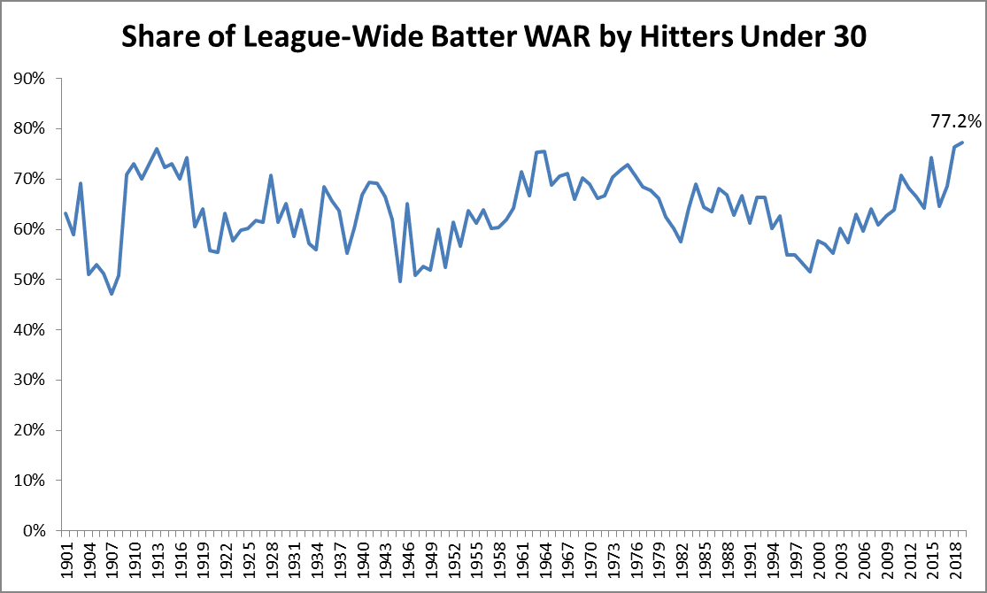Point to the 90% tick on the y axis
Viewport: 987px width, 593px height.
pos(33,79)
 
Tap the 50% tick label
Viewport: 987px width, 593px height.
pos(33,280)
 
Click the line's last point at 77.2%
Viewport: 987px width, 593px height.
pos(962,142)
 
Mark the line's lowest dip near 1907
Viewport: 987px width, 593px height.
pos(112,294)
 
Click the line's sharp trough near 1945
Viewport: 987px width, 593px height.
pos(399,281)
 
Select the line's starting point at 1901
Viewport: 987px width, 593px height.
pos(66,213)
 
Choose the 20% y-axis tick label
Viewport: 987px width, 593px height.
pos(33,430)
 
